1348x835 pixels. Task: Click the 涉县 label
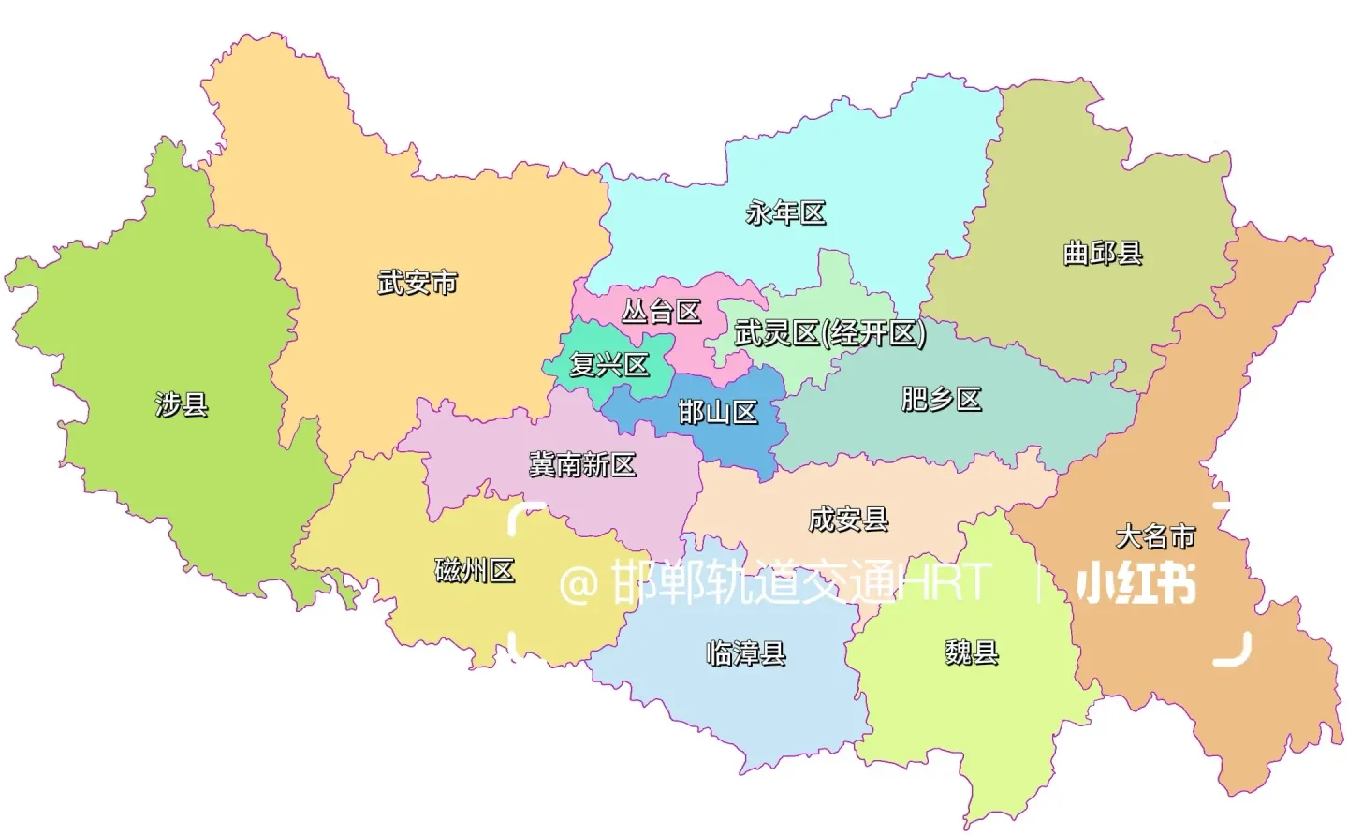pyautogui.click(x=182, y=404)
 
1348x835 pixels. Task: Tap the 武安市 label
pyautogui.click(x=418, y=282)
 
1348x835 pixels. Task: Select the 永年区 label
pyautogui.click(x=785, y=213)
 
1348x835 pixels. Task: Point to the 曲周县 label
pyautogui.click(x=1103, y=253)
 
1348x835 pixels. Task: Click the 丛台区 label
pyautogui.click(x=662, y=311)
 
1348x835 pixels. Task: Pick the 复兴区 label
pyautogui.click(x=609, y=364)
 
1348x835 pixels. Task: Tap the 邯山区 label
pyautogui.click(x=717, y=412)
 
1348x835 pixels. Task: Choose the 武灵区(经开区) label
pyautogui.click(x=830, y=332)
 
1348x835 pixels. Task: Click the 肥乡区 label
pyautogui.click(x=941, y=400)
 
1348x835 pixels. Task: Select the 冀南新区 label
pyautogui.click(x=582, y=463)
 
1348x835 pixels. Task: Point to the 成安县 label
pyautogui.click(x=848, y=519)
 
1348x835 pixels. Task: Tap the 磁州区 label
pyautogui.click(x=475, y=570)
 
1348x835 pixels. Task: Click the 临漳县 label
pyautogui.click(x=745, y=652)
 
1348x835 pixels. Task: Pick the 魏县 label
pyautogui.click(x=972, y=652)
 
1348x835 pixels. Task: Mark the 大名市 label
pyautogui.click(x=1155, y=536)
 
